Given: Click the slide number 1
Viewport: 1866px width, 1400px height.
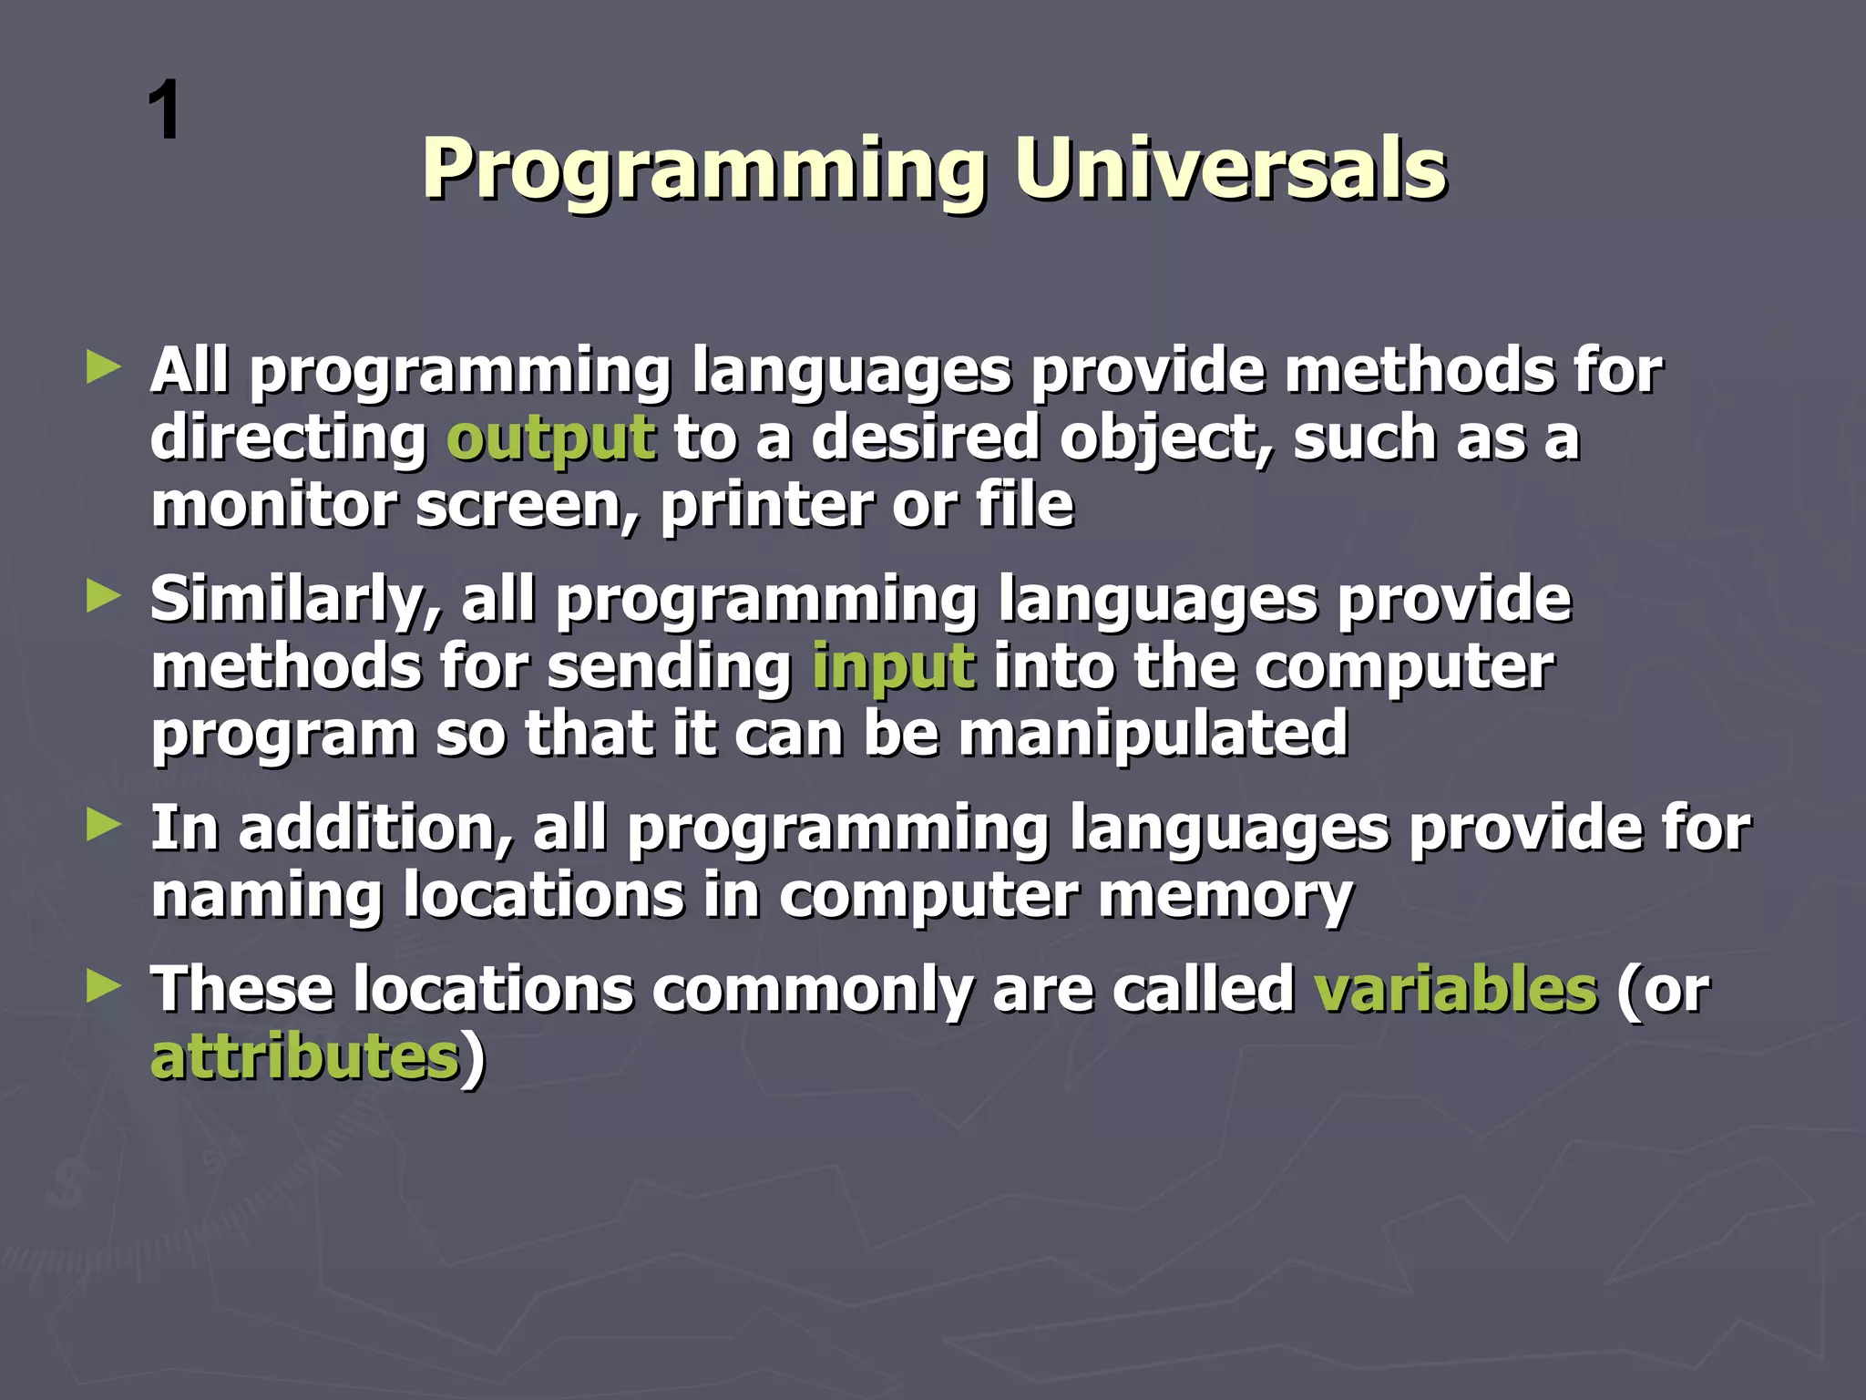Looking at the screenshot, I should [165, 111].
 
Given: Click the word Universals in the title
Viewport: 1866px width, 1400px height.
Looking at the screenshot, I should [1230, 169].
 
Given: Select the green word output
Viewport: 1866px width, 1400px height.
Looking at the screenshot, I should [550, 438].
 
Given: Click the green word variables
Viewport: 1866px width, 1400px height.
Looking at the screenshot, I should [1455, 989].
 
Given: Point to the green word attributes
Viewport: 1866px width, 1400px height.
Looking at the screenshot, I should [304, 1057].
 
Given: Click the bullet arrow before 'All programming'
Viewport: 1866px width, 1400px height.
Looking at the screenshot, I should [104, 369].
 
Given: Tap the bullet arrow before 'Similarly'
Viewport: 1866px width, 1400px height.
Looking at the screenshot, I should [104, 598].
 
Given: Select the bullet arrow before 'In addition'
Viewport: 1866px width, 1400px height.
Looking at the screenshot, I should [104, 827].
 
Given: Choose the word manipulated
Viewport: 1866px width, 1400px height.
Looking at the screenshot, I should [1153, 735].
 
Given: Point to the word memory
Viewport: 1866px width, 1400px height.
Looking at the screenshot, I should [1225, 897].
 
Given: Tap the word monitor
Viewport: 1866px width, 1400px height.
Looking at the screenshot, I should [273, 506].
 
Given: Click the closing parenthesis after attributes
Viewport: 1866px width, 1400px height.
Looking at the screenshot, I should [473, 1059].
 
